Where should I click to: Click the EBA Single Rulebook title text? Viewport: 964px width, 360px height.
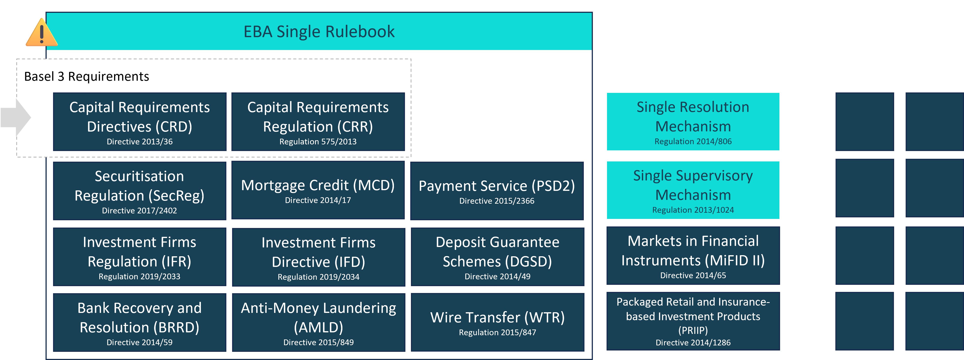(319, 31)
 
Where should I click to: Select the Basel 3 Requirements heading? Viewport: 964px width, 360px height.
(86, 76)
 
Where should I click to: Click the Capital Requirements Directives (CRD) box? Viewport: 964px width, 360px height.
(139, 122)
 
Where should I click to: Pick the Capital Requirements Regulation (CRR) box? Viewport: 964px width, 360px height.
(318, 122)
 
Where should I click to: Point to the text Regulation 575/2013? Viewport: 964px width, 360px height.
(318, 142)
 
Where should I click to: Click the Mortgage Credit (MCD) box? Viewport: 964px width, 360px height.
(318, 190)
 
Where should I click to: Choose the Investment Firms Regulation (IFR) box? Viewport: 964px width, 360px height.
(139, 257)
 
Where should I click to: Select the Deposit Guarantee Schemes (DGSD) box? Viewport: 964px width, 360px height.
(497, 257)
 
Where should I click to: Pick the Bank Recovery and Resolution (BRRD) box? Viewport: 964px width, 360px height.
(139, 322)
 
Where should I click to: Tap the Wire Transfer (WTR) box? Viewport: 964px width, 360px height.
(497, 322)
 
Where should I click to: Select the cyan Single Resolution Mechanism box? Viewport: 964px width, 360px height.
(693, 122)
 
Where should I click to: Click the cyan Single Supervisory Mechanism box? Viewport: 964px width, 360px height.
(693, 190)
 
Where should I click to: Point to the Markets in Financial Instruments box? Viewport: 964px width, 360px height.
(693, 256)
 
